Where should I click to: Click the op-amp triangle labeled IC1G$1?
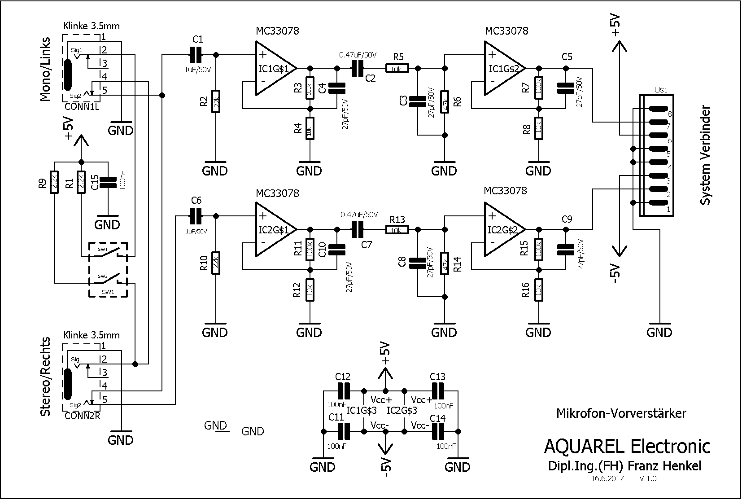click(x=274, y=68)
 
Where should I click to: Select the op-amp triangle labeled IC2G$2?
click(x=502, y=230)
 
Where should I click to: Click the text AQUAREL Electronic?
click(x=627, y=446)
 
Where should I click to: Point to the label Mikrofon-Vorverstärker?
click(x=621, y=413)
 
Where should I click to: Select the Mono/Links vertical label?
click(x=46, y=69)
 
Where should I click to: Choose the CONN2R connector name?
click(x=82, y=416)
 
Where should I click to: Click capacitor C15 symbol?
click(x=108, y=182)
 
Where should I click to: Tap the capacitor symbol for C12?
click(x=344, y=391)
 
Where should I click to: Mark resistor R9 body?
click(x=54, y=183)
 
